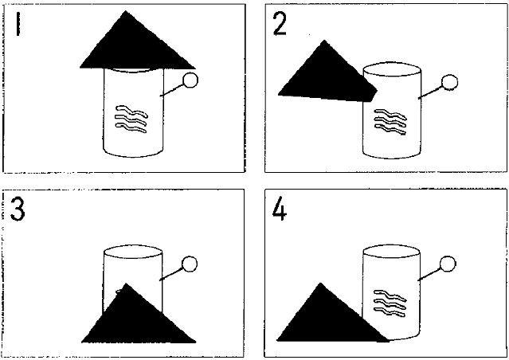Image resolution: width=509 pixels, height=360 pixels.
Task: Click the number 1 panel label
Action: pos(18,24)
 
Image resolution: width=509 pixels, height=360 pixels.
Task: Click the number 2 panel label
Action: pos(280,25)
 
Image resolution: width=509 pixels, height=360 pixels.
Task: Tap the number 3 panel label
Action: pos(18,209)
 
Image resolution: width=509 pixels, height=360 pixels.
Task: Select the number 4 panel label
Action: pos(280,209)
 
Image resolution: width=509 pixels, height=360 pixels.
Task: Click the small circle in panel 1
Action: pos(190,80)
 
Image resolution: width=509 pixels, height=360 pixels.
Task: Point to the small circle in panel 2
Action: pos(450,83)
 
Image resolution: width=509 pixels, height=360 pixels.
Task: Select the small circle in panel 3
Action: pos(190,264)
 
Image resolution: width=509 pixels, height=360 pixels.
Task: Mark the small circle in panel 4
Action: pos(448,264)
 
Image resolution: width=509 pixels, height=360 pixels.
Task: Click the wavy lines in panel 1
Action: pos(131,119)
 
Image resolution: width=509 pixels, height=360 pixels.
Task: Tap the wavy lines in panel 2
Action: pos(390,122)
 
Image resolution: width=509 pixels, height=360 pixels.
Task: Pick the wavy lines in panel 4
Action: pos(390,303)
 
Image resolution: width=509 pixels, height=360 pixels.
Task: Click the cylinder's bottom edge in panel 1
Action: pos(133,157)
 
